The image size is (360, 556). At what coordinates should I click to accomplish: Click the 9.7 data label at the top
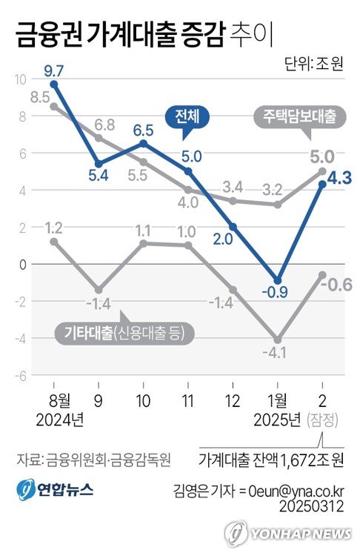coord(53,71)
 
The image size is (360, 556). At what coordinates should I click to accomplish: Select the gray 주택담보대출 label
coord(299,116)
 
